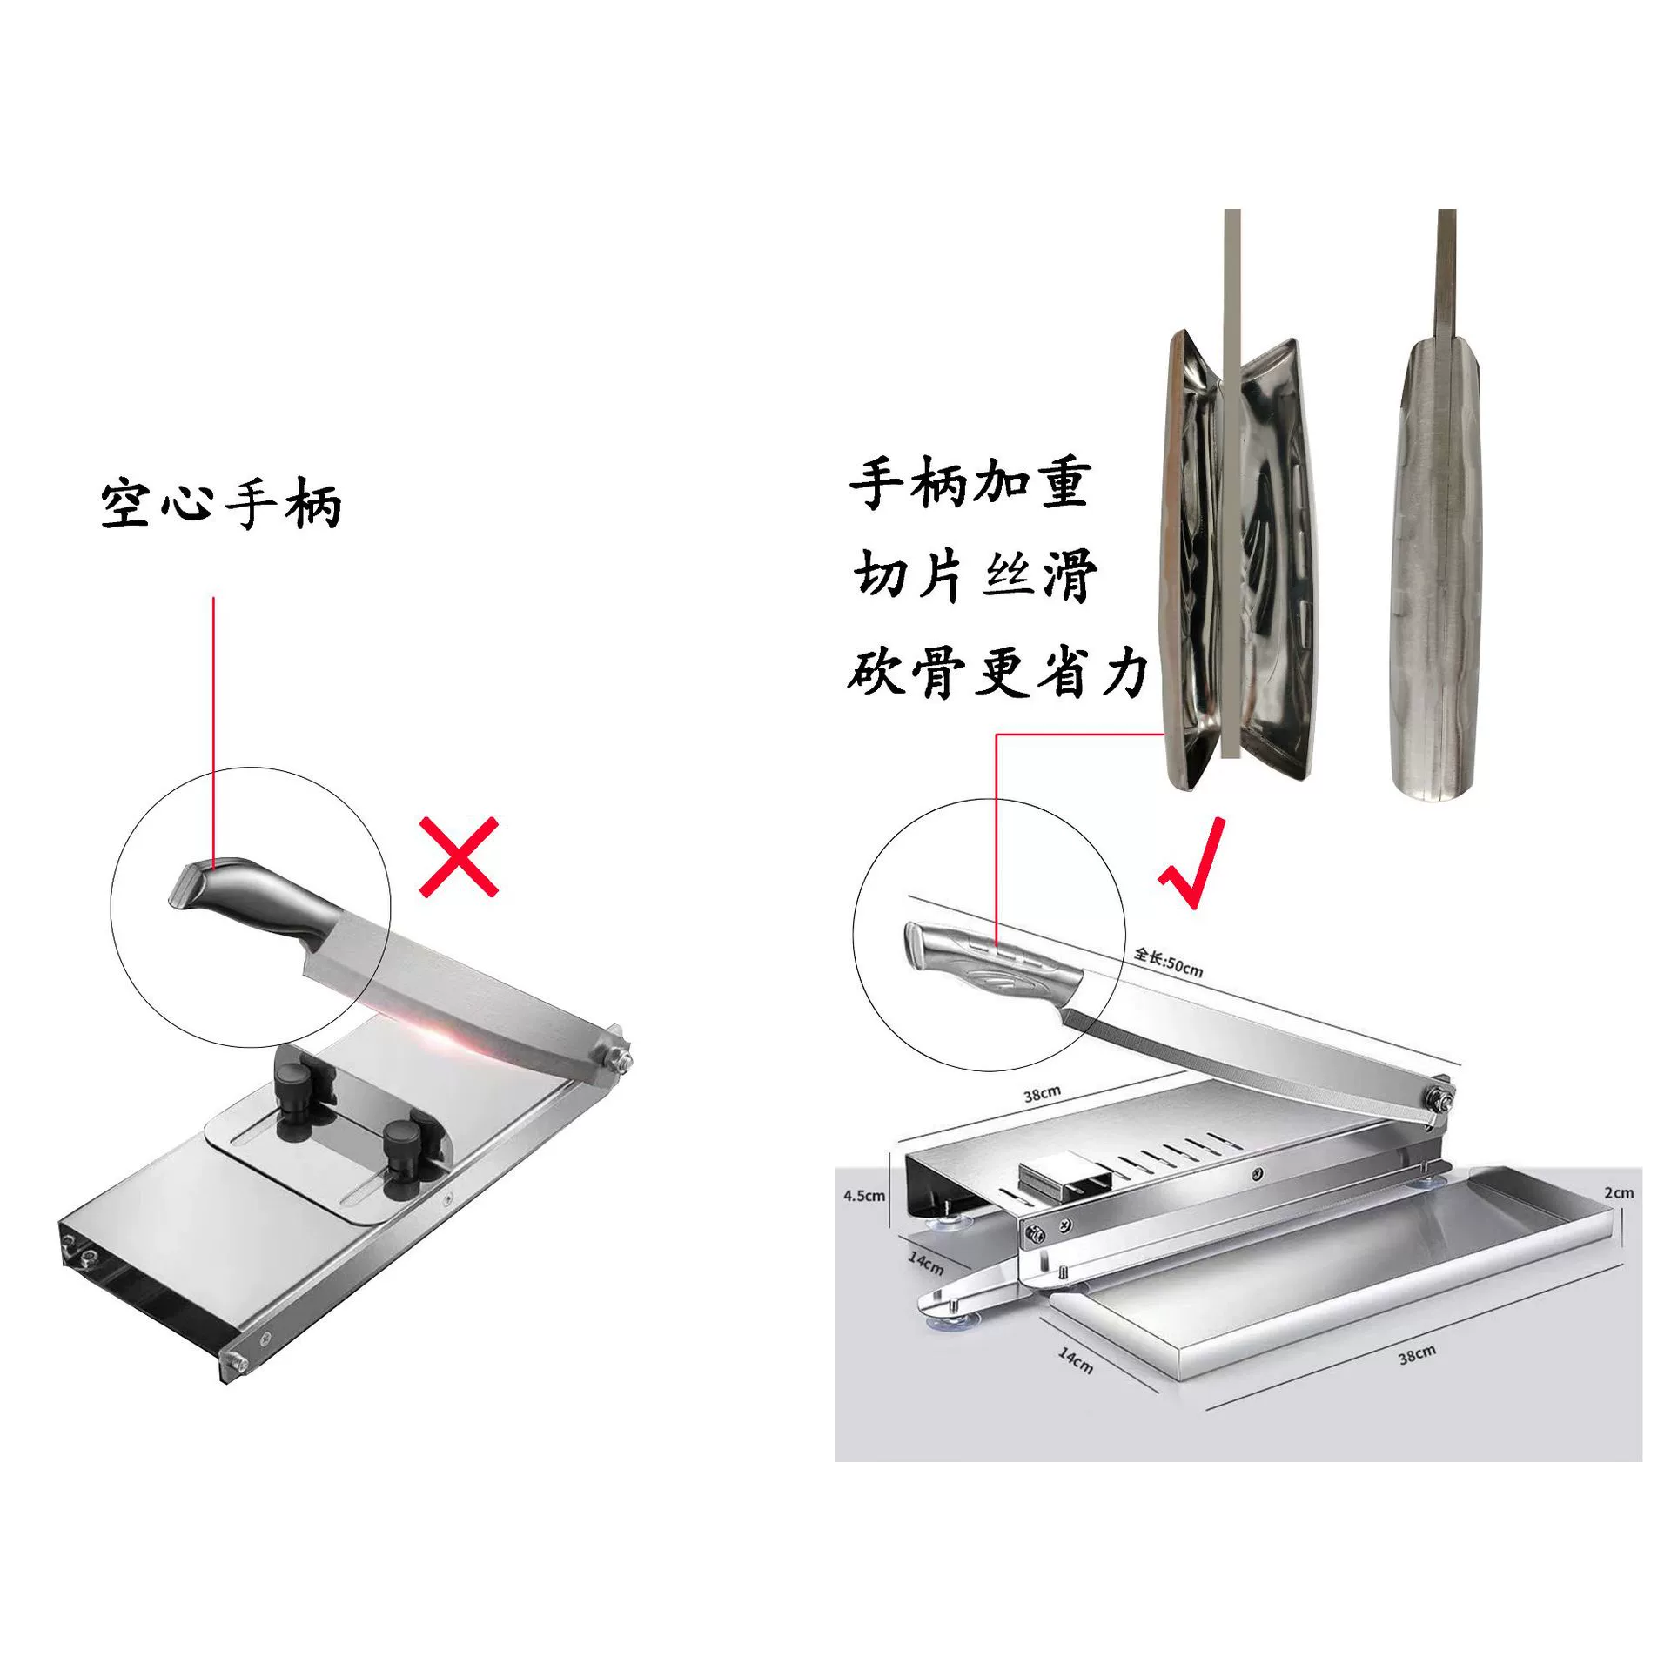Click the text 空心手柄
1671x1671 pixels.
(221, 503)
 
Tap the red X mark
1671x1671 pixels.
(459, 857)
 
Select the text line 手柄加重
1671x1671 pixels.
(970, 484)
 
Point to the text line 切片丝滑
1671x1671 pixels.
(975, 576)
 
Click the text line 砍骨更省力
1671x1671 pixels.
(998, 673)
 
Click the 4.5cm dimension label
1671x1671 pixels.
(864, 1196)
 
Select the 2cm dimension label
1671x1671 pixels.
(1620, 1192)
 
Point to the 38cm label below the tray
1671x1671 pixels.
(1417, 1354)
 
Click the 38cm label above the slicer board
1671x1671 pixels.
(1043, 1094)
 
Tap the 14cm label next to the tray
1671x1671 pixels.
(1075, 1359)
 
